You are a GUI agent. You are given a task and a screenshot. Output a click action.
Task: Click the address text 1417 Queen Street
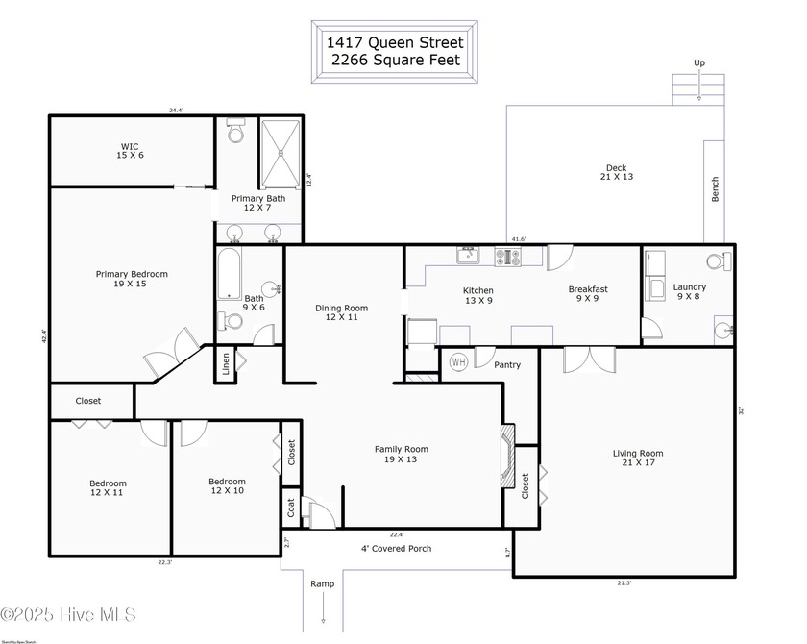pos(395,42)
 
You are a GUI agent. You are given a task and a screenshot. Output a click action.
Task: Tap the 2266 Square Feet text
pos(395,60)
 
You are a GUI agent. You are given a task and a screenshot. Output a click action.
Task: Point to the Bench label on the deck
pos(715,189)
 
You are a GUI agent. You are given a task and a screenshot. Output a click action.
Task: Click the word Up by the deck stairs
pos(699,63)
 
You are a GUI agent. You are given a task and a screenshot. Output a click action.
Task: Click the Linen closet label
pos(226,364)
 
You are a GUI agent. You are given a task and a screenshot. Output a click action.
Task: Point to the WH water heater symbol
pos(458,362)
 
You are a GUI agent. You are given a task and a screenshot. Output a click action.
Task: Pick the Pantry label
pos(507,365)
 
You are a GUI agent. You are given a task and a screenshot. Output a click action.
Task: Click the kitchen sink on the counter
pos(468,255)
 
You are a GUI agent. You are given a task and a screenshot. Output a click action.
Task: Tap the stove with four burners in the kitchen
pos(507,257)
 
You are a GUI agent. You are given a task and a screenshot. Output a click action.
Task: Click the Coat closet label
pos(290,508)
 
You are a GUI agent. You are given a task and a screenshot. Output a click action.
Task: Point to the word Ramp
pos(322,583)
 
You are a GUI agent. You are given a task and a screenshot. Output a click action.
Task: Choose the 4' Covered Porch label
pos(396,549)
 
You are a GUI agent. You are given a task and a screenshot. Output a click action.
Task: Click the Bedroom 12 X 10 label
pos(227,486)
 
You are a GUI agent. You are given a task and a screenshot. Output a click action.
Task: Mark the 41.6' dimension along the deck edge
pos(519,239)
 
